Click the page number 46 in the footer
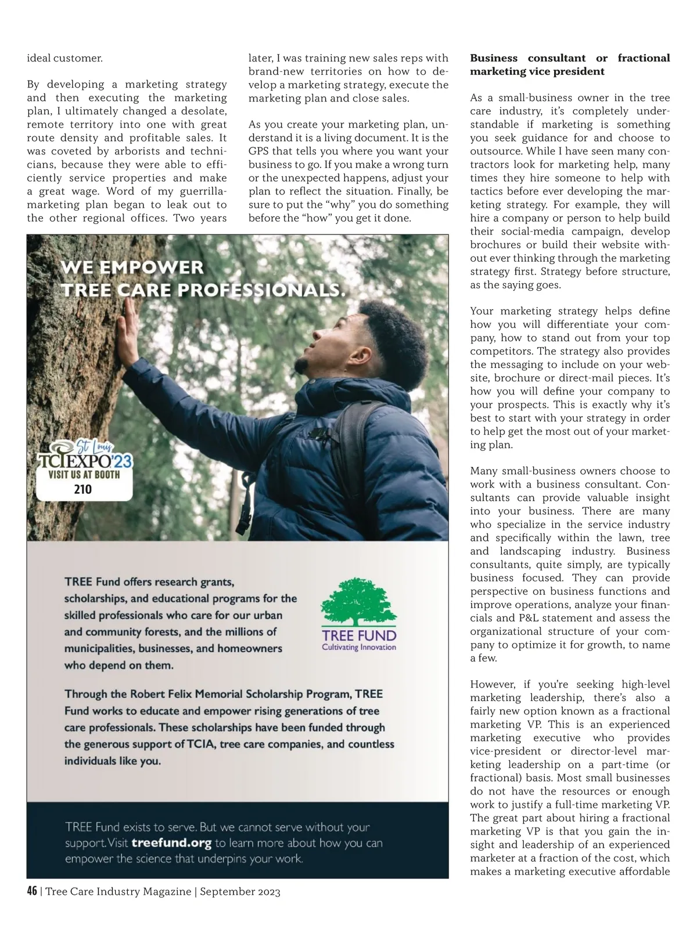(x=33, y=891)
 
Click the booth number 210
(x=82, y=489)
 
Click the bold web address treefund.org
(x=171, y=843)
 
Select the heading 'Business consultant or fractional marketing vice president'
(x=569, y=64)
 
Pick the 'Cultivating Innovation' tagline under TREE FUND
(x=359, y=647)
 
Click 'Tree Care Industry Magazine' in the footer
(x=118, y=891)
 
